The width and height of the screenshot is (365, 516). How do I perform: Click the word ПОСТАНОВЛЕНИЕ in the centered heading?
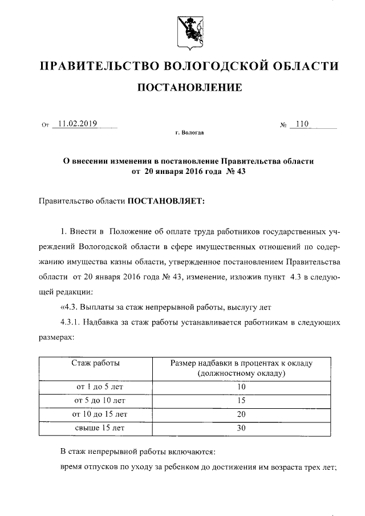(188, 88)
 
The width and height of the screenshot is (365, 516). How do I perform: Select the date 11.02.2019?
(78, 123)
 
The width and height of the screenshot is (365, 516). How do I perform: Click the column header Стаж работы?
(95, 363)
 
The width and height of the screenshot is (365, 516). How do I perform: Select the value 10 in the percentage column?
(241, 387)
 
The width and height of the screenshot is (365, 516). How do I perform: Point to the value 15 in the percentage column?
(241, 400)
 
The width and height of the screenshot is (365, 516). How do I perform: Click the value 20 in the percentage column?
(241, 414)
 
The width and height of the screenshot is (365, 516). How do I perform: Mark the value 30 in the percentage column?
(241, 427)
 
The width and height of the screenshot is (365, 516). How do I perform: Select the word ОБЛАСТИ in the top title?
(306, 66)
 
